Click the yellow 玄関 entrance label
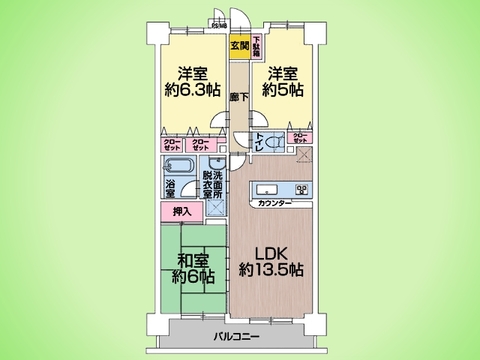[241, 45]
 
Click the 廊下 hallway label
[239, 97]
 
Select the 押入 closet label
[181, 212]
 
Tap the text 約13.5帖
[272, 270]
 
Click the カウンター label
[276, 204]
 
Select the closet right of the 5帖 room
[299, 139]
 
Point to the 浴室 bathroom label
[171, 187]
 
